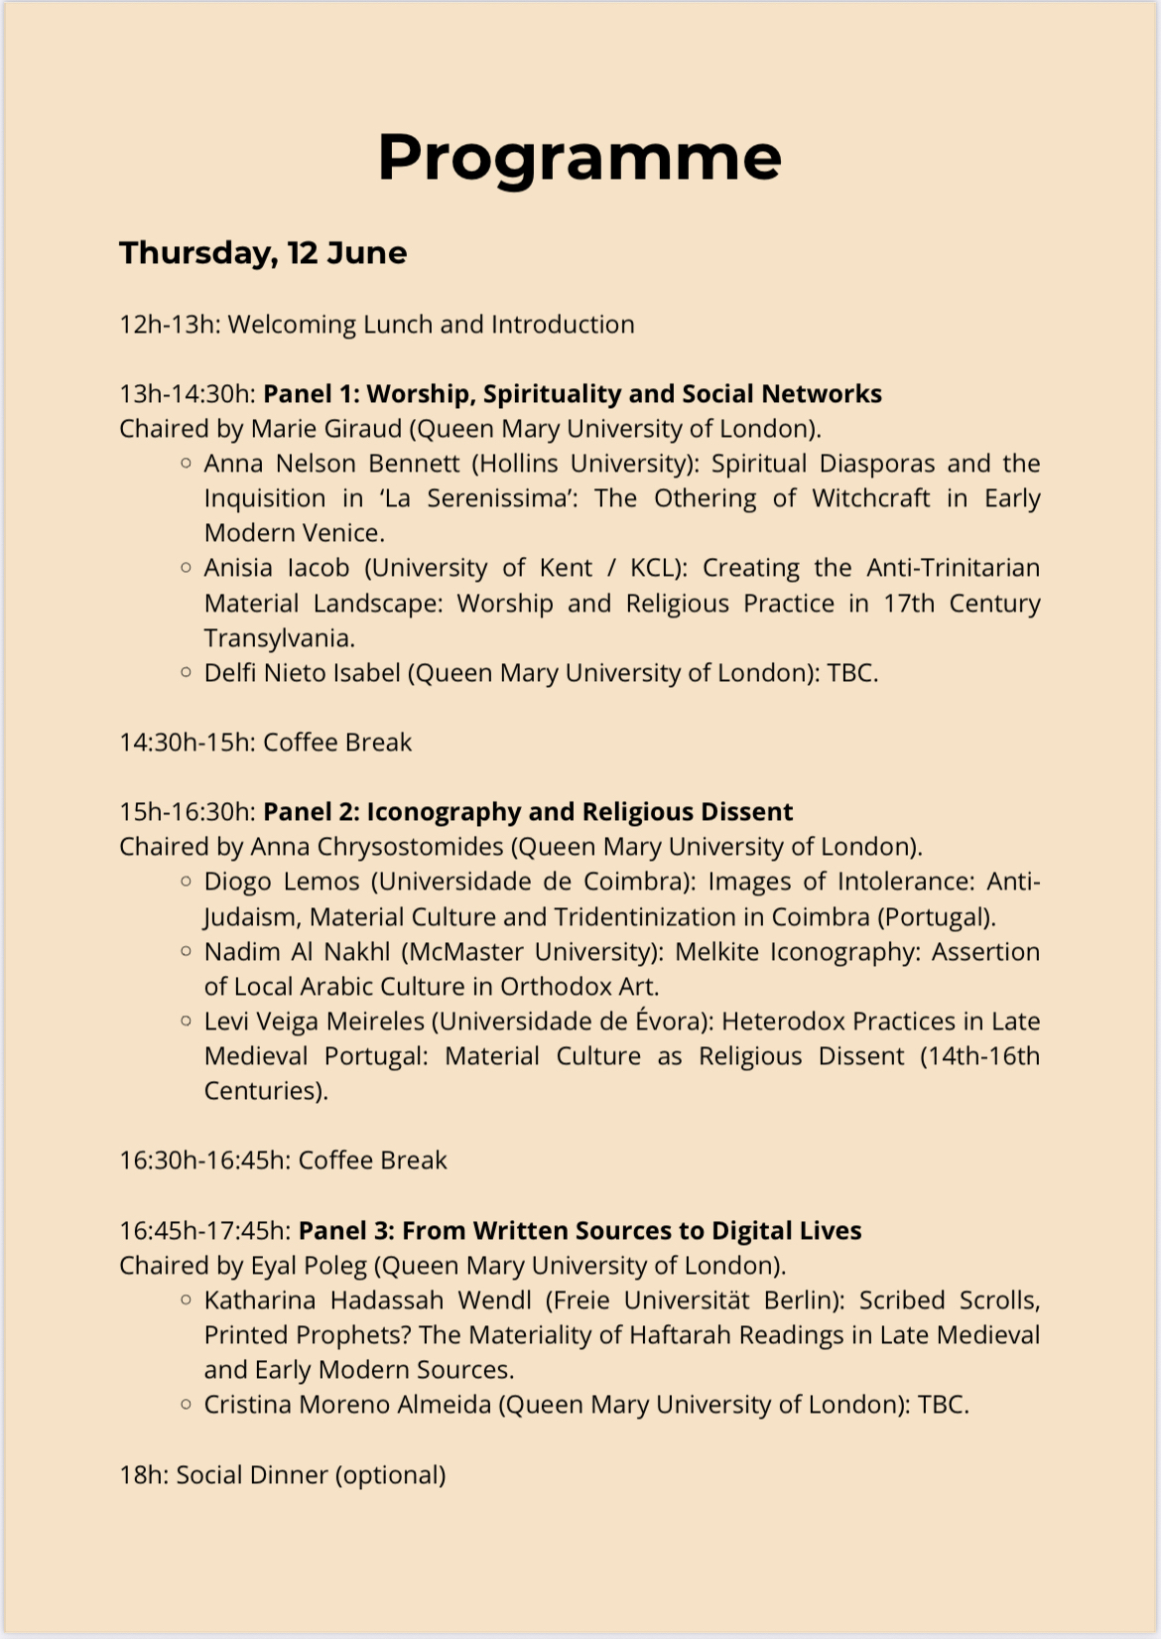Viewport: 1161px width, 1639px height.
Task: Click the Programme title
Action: point(580,157)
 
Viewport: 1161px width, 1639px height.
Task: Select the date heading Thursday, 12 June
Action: point(263,253)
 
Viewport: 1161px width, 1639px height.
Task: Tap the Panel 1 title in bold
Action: point(573,394)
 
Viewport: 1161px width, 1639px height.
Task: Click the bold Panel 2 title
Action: point(528,812)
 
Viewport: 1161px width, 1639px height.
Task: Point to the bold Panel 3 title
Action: point(580,1231)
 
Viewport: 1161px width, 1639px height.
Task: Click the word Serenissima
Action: point(503,498)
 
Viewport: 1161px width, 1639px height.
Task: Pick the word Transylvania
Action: point(279,638)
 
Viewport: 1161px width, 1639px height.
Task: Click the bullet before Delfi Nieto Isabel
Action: point(186,672)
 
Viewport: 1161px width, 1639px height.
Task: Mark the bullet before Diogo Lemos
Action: point(186,881)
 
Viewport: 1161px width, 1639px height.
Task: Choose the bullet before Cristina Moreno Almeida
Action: point(186,1404)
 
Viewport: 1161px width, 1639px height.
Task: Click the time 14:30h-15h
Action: point(188,743)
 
